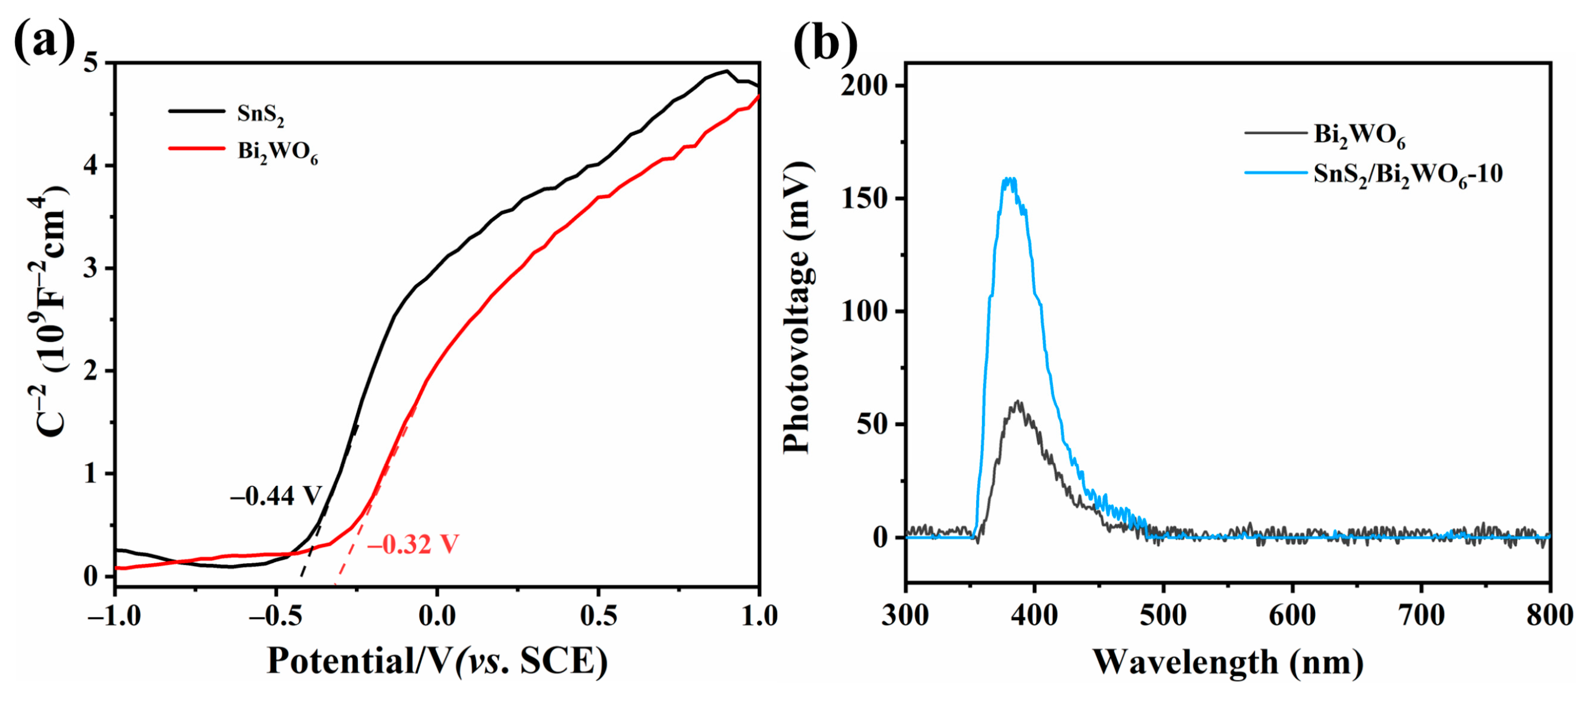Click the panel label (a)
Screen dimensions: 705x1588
click(x=44, y=42)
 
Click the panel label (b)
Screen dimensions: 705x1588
click(x=825, y=42)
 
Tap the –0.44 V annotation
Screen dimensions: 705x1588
click(x=275, y=495)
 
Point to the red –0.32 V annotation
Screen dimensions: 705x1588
click(x=413, y=544)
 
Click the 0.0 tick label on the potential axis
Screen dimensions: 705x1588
click(x=436, y=616)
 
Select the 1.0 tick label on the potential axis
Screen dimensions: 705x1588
click(x=759, y=616)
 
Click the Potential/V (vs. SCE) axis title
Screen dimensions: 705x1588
click(x=436, y=661)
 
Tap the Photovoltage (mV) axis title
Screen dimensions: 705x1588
click(x=798, y=309)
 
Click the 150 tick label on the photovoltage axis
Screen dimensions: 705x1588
click(x=866, y=199)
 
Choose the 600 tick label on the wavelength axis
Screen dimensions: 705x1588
click(x=1292, y=616)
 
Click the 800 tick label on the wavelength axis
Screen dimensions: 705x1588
click(x=1549, y=616)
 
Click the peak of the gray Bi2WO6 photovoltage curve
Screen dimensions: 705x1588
click(x=1018, y=402)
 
